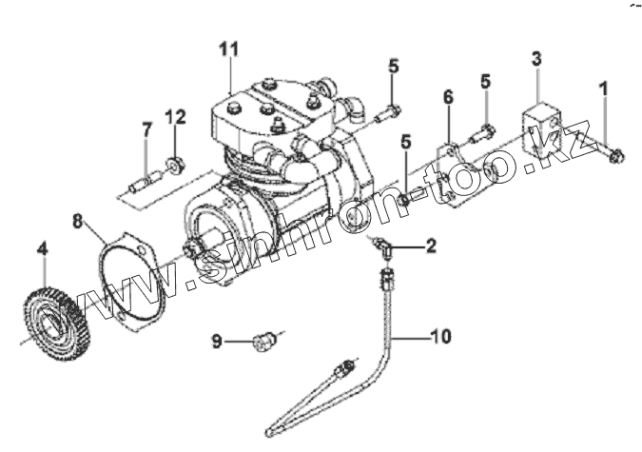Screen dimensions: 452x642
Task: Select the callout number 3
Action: point(536,59)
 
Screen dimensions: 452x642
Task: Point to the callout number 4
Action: point(41,251)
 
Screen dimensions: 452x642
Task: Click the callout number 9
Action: point(217,340)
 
